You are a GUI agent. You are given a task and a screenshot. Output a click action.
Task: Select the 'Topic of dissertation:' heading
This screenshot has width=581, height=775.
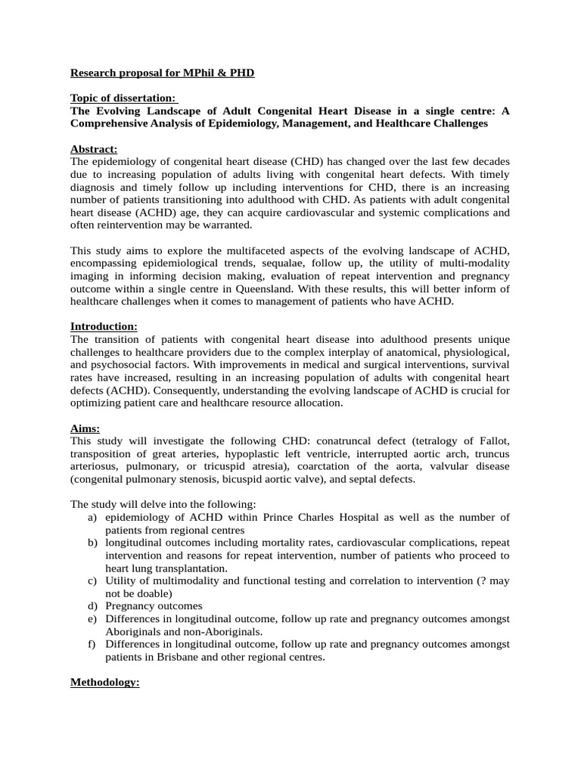click(123, 98)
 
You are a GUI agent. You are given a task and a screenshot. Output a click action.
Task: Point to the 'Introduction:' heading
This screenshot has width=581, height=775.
click(104, 326)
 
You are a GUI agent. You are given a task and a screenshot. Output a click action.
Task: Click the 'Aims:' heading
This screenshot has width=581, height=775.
click(85, 428)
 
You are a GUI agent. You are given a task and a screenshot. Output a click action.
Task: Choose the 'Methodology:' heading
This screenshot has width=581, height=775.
click(104, 683)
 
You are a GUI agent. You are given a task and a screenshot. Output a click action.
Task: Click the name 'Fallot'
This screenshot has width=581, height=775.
click(491, 441)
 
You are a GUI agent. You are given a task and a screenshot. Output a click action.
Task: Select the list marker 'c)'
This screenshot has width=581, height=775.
click(92, 581)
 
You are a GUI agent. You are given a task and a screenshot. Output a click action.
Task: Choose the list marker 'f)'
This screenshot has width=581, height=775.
click(92, 645)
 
